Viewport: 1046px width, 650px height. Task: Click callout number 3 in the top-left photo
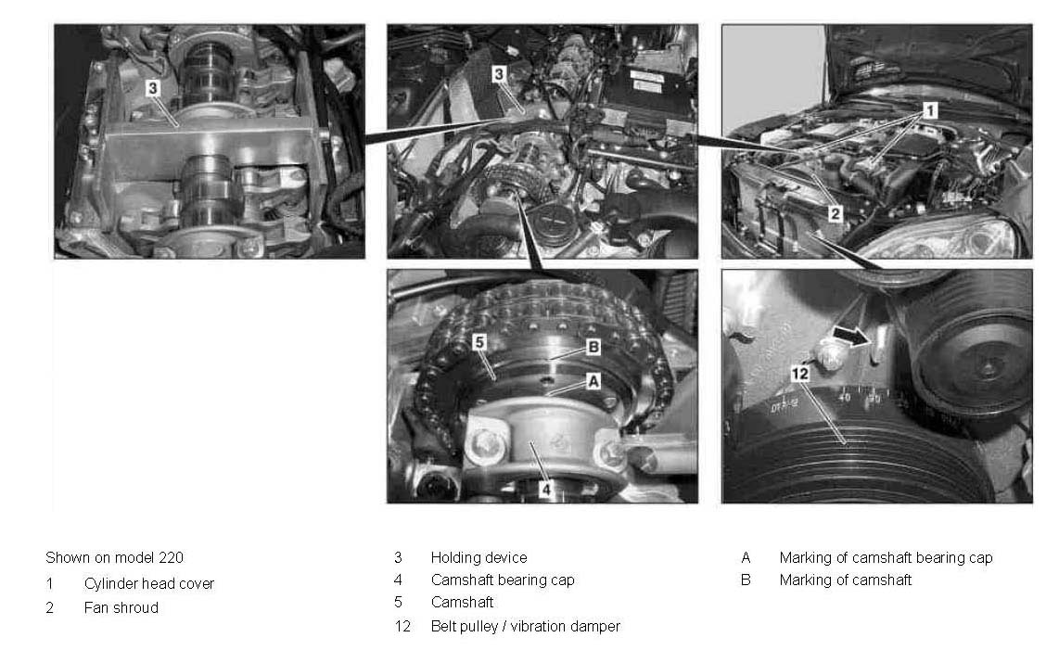coord(153,87)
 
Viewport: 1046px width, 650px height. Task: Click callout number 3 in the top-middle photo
coord(498,74)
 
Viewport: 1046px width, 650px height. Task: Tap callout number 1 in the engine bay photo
coord(930,110)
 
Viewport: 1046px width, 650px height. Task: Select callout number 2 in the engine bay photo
coord(836,213)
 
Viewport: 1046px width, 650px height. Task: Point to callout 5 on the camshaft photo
coord(479,342)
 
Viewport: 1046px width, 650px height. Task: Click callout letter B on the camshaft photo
coord(593,347)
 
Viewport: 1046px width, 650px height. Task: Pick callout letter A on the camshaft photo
coord(593,381)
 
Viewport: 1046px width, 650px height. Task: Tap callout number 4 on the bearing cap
coord(545,490)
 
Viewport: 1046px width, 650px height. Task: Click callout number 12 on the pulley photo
coord(799,374)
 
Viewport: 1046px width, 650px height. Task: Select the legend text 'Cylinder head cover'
coord(148,583)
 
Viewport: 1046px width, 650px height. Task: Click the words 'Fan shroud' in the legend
coord(121,607)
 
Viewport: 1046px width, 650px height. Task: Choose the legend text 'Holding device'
coord(479,557)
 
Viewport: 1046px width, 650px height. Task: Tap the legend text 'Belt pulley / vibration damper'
coord(526,626)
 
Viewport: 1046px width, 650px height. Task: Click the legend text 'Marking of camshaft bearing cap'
coord(886,557)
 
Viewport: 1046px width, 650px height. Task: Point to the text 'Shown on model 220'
coord(114,557)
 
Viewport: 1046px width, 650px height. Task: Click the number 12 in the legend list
coord(402,626)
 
